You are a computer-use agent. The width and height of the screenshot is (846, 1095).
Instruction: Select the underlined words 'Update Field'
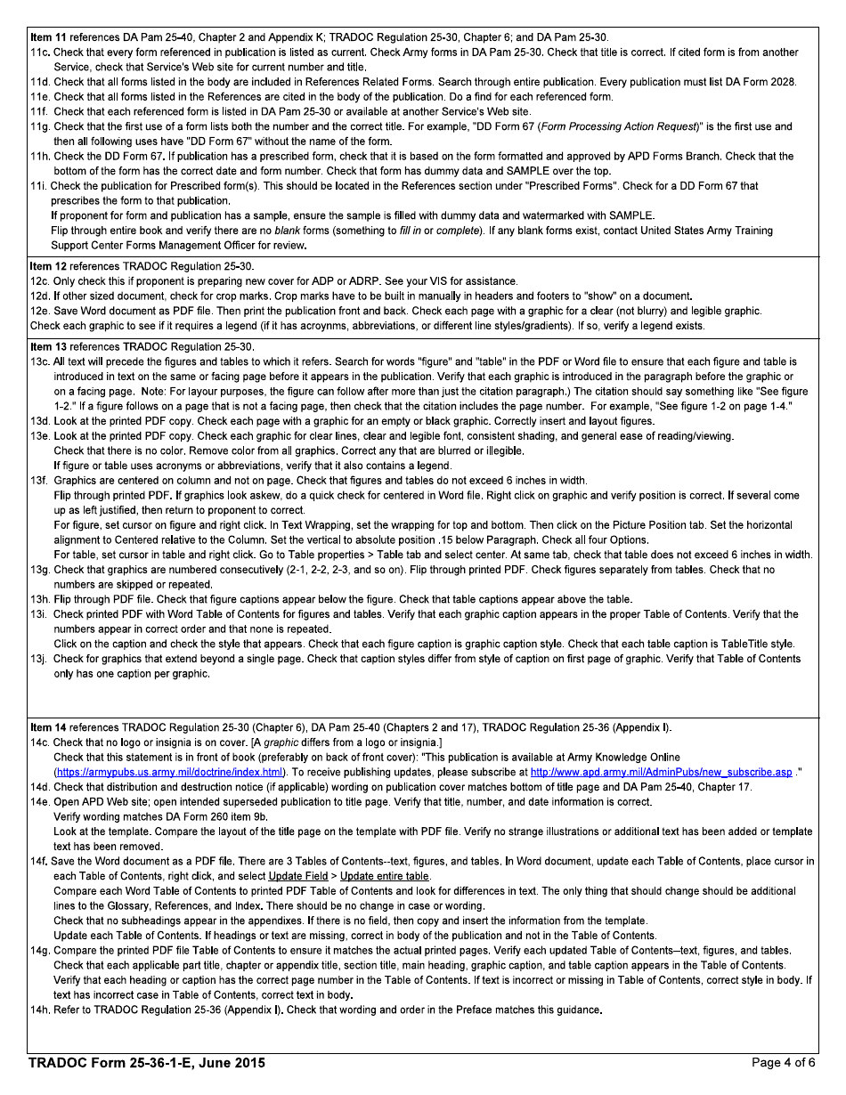(x=298, y=876)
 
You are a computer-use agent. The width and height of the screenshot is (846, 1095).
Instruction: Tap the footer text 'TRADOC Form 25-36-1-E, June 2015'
(x=147, y=1063)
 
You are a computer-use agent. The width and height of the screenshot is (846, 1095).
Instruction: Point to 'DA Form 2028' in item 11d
(x=765, y=82)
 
